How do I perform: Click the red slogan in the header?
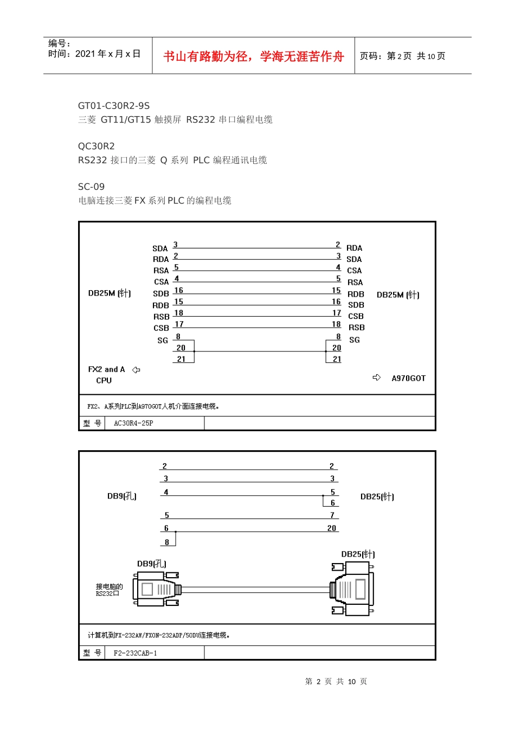pos(253,56)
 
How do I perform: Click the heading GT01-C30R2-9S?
pos(114,106)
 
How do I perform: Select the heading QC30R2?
pos(96,146)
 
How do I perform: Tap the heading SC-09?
pos(91,187)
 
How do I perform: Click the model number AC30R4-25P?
pos(133,423)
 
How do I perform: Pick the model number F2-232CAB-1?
pos(136,653)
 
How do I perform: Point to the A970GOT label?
pos(409,378)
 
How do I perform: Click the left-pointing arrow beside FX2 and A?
pos(136,370)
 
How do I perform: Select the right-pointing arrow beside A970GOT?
pos(377,378)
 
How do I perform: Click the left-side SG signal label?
pos(163,341)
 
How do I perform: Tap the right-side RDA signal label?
pos(354,248)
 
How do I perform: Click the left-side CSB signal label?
pos(161,328)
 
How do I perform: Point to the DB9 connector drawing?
pos(157,589)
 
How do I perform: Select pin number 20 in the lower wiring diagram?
pos(332,528)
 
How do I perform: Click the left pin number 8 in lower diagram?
pos(167,542)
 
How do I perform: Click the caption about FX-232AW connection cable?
pos(159,635)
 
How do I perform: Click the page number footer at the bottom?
pos(336,681)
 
